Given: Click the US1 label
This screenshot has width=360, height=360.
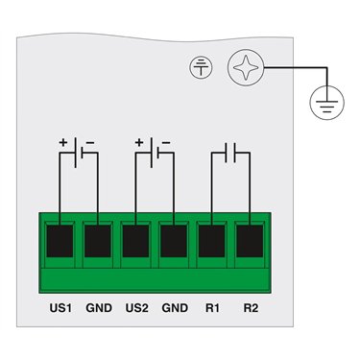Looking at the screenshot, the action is (x=60, y=308).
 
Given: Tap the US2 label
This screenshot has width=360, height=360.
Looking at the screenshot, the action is (x=137, y=308).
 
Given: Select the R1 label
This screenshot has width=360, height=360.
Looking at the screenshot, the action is (x=213, y=308).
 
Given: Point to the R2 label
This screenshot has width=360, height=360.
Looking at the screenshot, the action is (x=251, y=308).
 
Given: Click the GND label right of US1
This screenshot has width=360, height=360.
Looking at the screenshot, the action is (x=99, y=308).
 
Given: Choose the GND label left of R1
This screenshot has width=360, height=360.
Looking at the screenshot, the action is (x=175, y=308).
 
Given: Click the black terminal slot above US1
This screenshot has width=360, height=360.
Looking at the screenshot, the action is (x=60, y=241).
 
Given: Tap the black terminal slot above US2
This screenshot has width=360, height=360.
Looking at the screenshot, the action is (x=135, y=241).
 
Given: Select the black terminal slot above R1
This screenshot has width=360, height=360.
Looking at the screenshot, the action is (x=211, y=241).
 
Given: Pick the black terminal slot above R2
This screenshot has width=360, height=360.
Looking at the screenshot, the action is (x=250, y=241).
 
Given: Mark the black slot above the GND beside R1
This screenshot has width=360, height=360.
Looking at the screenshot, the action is (x=174, y=241).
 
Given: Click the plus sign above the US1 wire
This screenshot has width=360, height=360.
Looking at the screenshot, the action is (x=63, y=142).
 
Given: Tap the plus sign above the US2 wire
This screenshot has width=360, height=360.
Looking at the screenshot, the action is (x=139, y=142).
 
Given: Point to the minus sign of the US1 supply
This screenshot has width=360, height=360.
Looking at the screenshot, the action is (x=90, y=143).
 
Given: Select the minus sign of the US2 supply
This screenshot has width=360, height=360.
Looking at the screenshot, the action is (x=166, y=143).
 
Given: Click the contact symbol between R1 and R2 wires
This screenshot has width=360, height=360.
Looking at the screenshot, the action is (x=230, y=153).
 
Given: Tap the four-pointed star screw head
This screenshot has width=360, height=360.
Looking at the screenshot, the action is (x=246, y=67).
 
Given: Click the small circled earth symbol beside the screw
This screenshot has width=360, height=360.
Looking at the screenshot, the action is (x=201, y=67).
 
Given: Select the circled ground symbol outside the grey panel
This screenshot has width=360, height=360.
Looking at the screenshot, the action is (x=326, y=103).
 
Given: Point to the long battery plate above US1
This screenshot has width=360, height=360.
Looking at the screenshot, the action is (x=75, y=153).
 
